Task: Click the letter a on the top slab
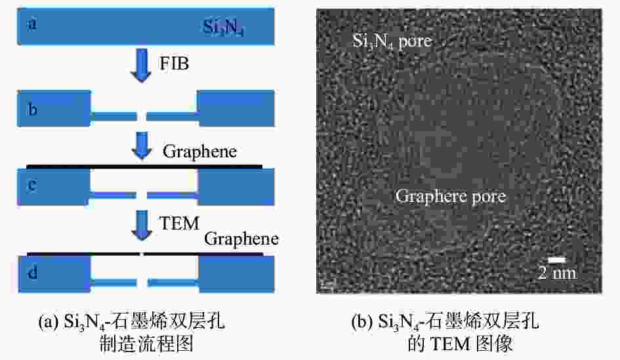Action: tap(31, 24)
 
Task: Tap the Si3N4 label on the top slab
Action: tap(224, 28)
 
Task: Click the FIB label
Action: tap(174, 63)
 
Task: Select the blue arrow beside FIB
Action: tap(141, 65)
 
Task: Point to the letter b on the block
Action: tap(32, 109)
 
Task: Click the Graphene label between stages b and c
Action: tap(199, 151)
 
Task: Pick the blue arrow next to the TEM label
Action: tap(142, 226)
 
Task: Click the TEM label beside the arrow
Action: tap(179, 223)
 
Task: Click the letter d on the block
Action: tap(32, 272)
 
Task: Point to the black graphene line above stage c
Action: tap(144, 167)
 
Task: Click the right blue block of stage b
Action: tap(236, 109)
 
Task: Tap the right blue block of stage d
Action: tap(236, 274)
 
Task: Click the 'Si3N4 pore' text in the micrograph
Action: tap(392, 41)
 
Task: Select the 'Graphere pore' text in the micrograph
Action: tap(451, 197)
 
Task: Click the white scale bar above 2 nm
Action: tap(557, 260)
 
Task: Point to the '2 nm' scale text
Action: tap(558, 273)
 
